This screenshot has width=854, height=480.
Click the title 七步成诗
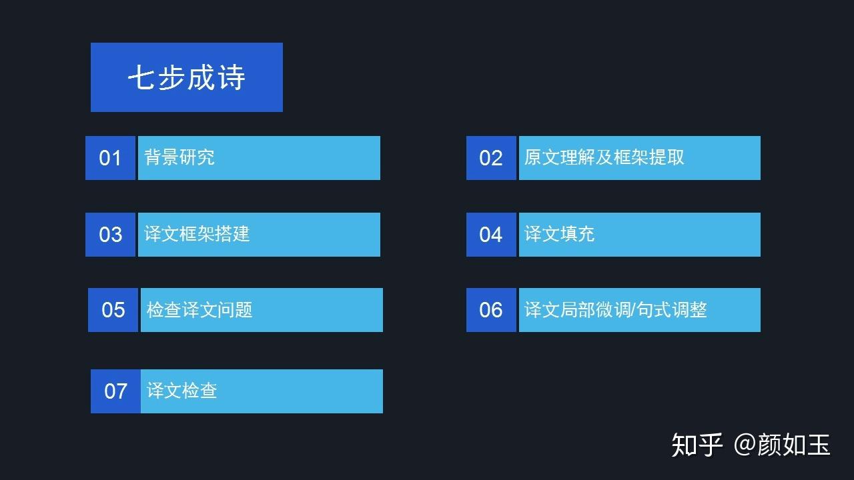186,77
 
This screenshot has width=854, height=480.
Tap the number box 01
110,158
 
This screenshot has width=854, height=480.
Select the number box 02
491,158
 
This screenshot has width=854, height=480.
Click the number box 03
110,234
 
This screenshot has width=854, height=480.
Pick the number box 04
491,234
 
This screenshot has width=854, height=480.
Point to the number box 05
113,310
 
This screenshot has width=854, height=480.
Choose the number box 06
491,310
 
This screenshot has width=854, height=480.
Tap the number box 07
115,391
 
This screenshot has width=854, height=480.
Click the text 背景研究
179,157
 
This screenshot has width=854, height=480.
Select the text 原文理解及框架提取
604,157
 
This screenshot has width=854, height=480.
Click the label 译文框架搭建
197,234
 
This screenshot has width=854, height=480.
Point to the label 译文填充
559,234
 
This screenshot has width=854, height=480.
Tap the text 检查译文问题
199,309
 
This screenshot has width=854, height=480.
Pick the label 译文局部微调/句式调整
616,309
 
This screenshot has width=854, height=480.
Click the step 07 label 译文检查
182,391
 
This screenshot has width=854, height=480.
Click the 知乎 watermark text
697,445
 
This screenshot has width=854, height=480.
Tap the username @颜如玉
781,445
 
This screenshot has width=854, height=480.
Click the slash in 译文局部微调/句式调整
633,309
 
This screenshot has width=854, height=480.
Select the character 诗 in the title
231,77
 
